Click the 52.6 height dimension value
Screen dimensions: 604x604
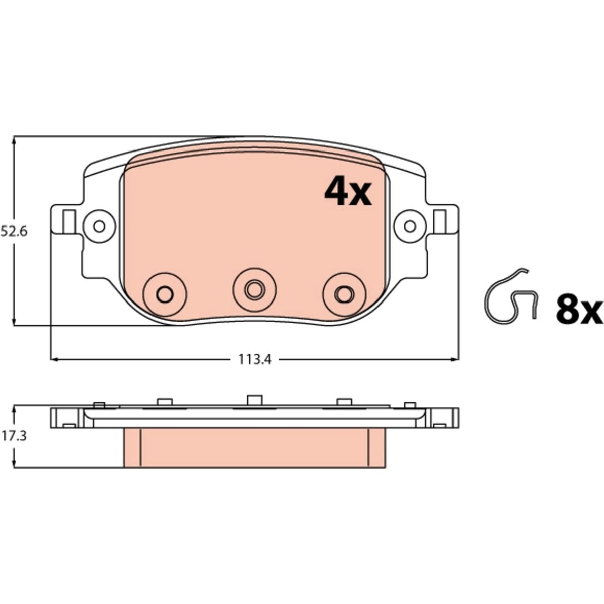[x=14, y=232]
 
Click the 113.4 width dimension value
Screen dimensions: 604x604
[x=255, y=359]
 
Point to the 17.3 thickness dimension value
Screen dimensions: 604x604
[x=14, y=436]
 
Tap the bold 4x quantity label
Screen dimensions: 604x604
[x=348, y=191]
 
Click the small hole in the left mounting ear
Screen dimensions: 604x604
[x=99, y=226]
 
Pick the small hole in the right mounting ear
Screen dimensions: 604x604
[x=410, y=226]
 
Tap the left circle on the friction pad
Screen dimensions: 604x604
[x=165, y=294]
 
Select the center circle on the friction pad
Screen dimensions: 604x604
[x=255, y=289]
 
